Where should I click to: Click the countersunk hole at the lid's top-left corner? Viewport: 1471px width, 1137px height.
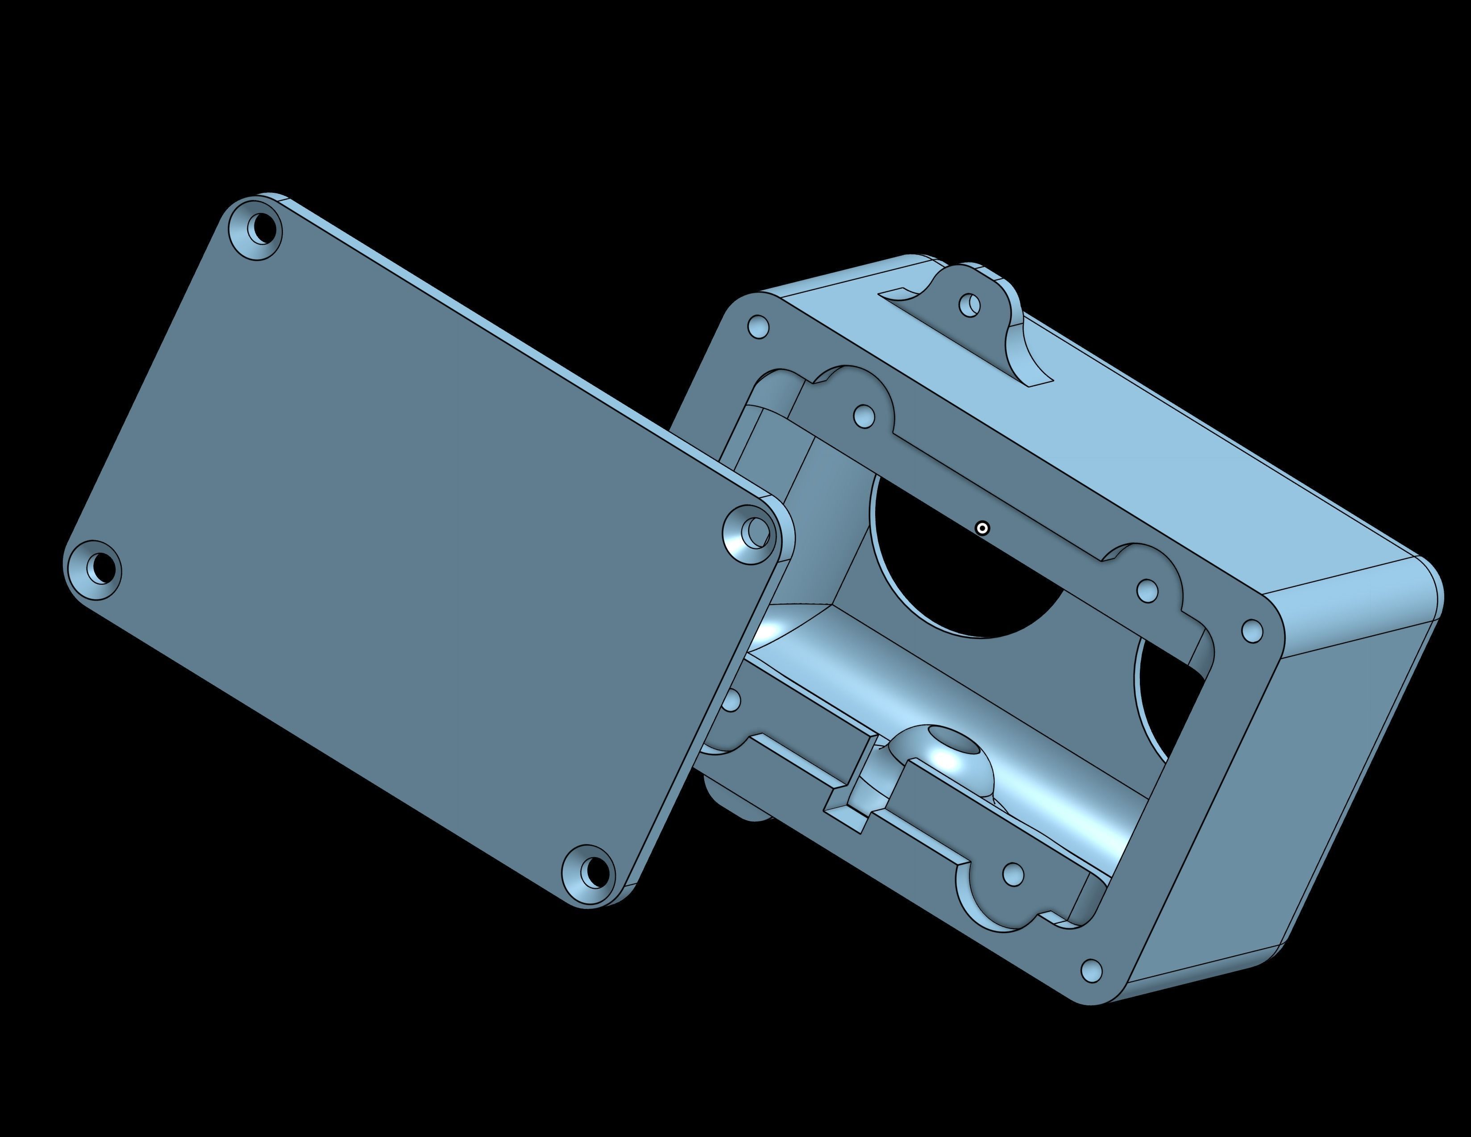(x=258, y=229)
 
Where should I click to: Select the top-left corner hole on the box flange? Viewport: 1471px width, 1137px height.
(x=758, y=327)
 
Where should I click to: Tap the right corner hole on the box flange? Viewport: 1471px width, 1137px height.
(x=1251, y=631)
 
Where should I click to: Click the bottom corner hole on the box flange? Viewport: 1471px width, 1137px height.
(x=1091, y=970)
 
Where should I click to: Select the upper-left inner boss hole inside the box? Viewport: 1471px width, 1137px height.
(x=864, y=416)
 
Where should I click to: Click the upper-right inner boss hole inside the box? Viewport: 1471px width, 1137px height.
(x=1147, y=591)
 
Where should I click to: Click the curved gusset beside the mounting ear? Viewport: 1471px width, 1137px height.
(x=1024, y=350)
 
